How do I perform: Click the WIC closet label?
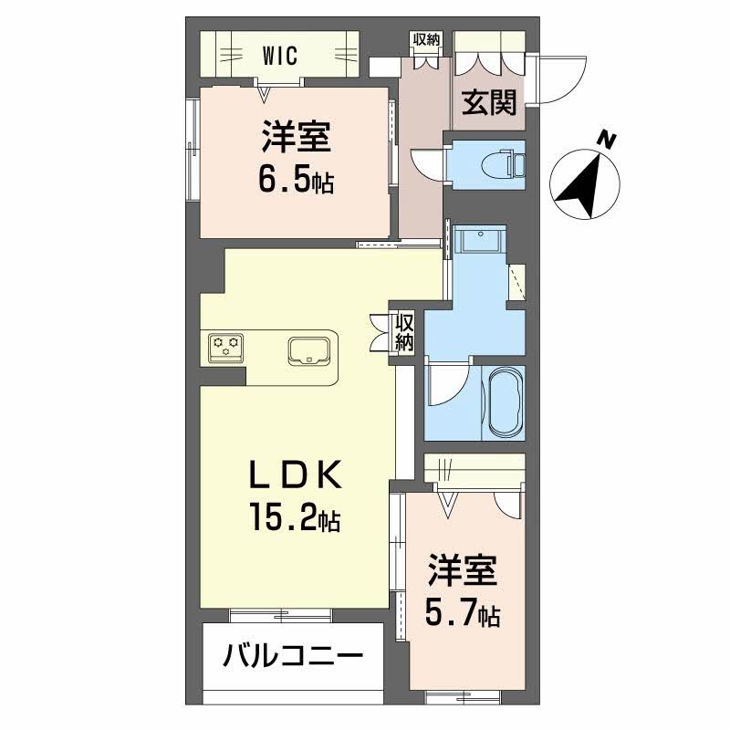pos(281,56)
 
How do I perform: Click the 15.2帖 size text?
pos(295,519)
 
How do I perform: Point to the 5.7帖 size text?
pos(464,613)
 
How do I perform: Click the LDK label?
pos(295,476)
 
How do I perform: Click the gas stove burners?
pos(225,346)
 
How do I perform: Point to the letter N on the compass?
pos(605,139)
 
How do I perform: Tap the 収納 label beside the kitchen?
pos(404,334)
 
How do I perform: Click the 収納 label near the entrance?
pos(426,39)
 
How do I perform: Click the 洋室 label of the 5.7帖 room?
pos(464,570)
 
